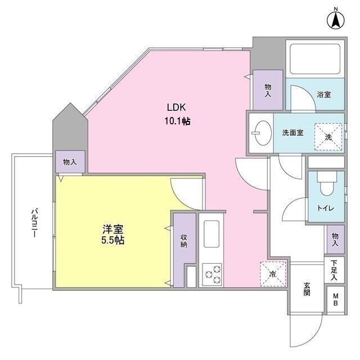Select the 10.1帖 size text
coord(176,120)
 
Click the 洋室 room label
coord(112,229)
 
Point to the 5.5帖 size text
coord(113,240)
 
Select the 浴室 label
coord(323,94)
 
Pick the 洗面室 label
coord(292,133)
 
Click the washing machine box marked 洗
coord(327,136)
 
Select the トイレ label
coord(325,208)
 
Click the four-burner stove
coord(212,274)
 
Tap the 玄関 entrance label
coord(307,289)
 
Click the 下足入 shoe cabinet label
coord(334,270)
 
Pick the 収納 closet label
coord(183,241)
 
